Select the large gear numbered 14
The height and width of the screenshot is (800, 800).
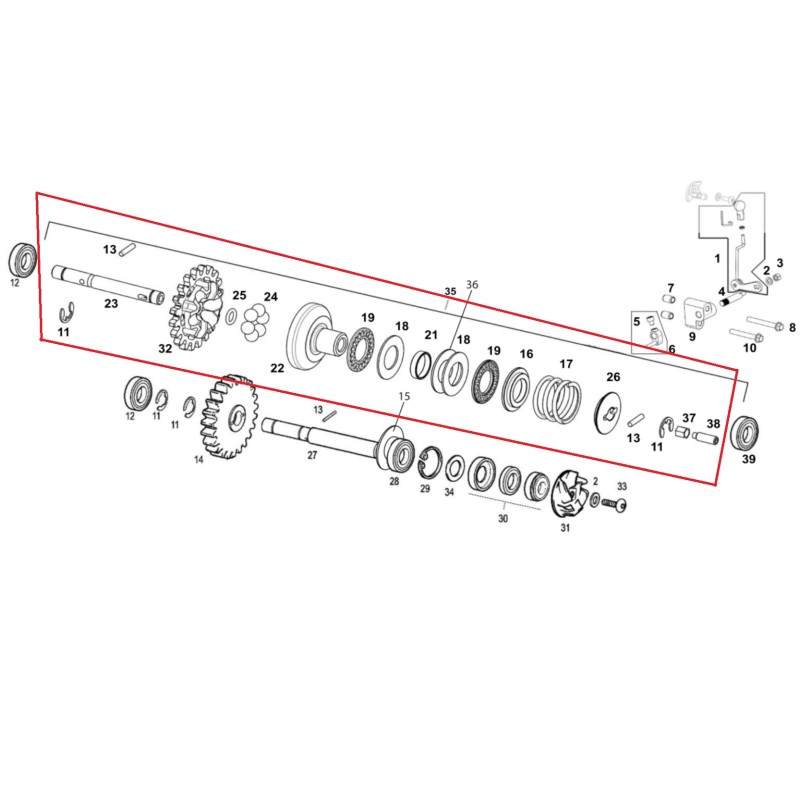tap(228, 416)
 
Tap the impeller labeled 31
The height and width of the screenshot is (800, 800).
tap(569, 494)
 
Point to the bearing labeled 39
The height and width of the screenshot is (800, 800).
tap(745, 433)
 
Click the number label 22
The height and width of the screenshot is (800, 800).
tap(277, 368)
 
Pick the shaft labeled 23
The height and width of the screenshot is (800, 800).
tap(108, 284)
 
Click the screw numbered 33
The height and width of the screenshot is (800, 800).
tap(614, 504)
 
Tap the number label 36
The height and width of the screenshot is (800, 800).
tap(472, 284)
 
